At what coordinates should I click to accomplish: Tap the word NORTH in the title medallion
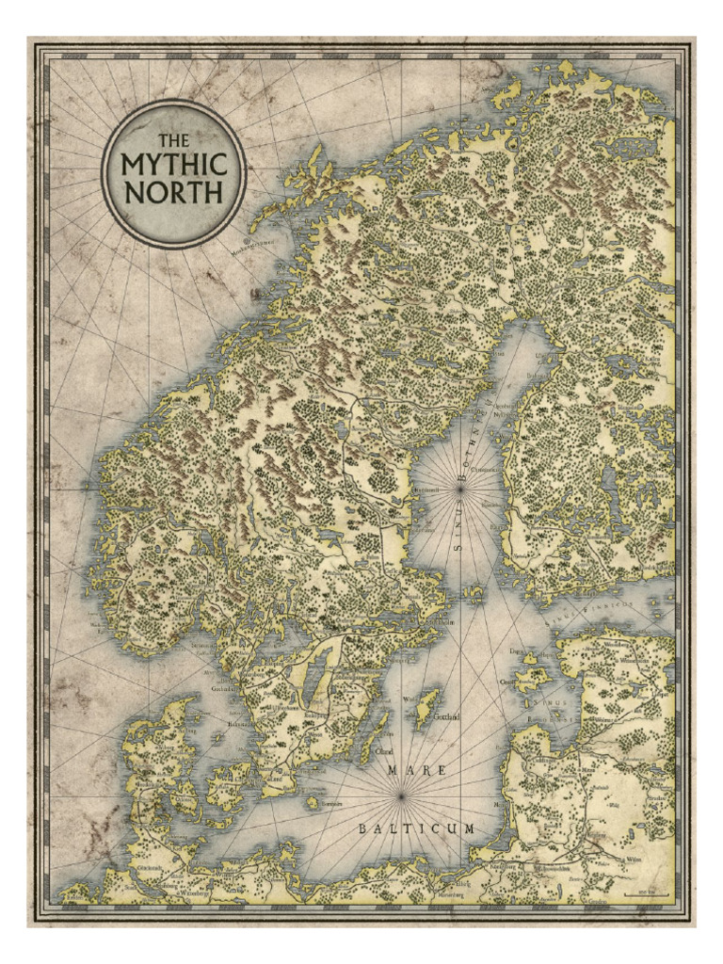coord(174,192)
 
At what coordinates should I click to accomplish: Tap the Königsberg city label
coord(505,866)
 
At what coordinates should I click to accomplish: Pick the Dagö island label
coord(515,651)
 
